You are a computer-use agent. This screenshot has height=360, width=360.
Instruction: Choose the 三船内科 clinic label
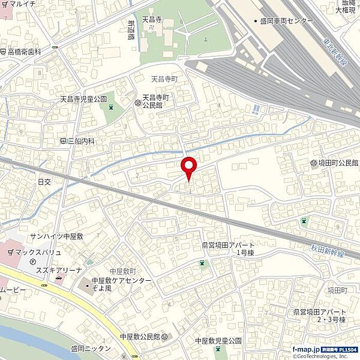79,142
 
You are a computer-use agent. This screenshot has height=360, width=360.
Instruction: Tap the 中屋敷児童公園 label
219,340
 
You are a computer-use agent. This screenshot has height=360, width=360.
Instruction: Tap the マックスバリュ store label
38,253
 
